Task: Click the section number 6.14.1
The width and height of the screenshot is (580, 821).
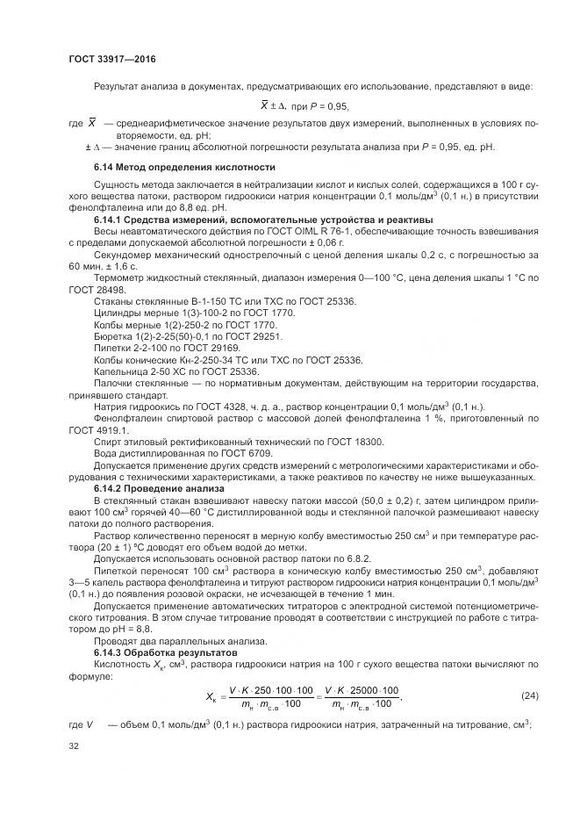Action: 111,219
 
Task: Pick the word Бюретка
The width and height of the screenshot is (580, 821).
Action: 112,335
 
